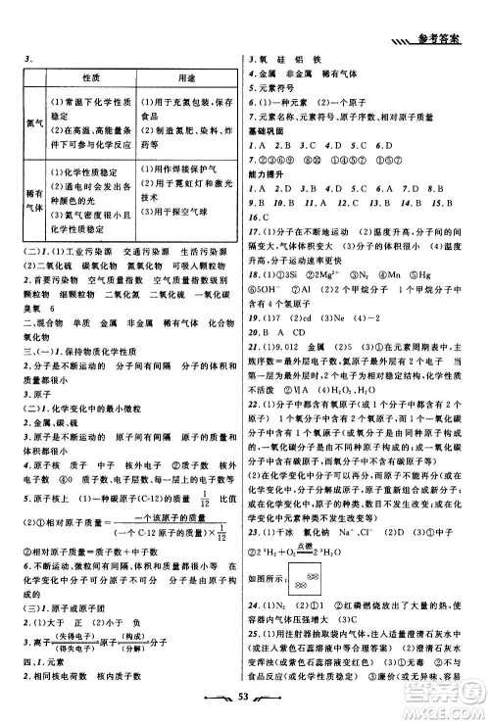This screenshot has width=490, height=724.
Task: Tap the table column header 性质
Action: click(93, 76)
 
